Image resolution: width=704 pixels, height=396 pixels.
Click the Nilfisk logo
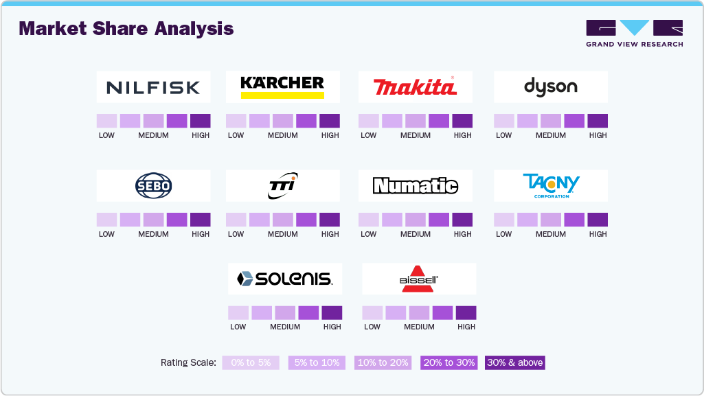[x=153, y=87]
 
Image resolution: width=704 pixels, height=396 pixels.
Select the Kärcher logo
[x=282, y=87]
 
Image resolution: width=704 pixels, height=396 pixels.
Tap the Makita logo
[x=415, y=87]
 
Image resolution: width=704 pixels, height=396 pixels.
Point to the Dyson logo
[x=550, y=87]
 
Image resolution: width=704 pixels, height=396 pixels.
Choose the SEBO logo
[x=153, y=186]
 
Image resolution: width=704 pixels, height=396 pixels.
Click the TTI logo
[x=282, y=186]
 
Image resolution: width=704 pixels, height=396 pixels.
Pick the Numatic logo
[x=415, y=186]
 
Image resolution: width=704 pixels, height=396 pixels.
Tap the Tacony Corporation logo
[x=550, y=185]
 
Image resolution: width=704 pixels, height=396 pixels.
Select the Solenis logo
[x=284, y=279]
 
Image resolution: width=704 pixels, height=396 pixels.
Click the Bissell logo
[x=419, y=279]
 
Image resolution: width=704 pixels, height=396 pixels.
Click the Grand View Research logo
[x=634, y=34]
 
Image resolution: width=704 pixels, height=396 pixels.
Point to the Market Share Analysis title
[x=126, y=29]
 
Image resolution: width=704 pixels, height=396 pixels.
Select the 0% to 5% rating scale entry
[x=251, y=362]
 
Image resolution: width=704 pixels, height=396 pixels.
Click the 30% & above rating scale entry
[x=515, y=362]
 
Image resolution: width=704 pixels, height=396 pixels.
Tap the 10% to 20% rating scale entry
[x=383, y=362]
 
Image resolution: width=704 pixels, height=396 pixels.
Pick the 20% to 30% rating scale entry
[x=448, y=362]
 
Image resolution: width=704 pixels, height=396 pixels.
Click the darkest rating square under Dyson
[x=598, y=121]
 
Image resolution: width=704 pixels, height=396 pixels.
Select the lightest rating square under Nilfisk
[x=106, y=121]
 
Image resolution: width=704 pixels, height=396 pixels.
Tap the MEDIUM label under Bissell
[x=419, y=327]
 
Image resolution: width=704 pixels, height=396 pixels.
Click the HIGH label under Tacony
[x=598, y=234]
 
